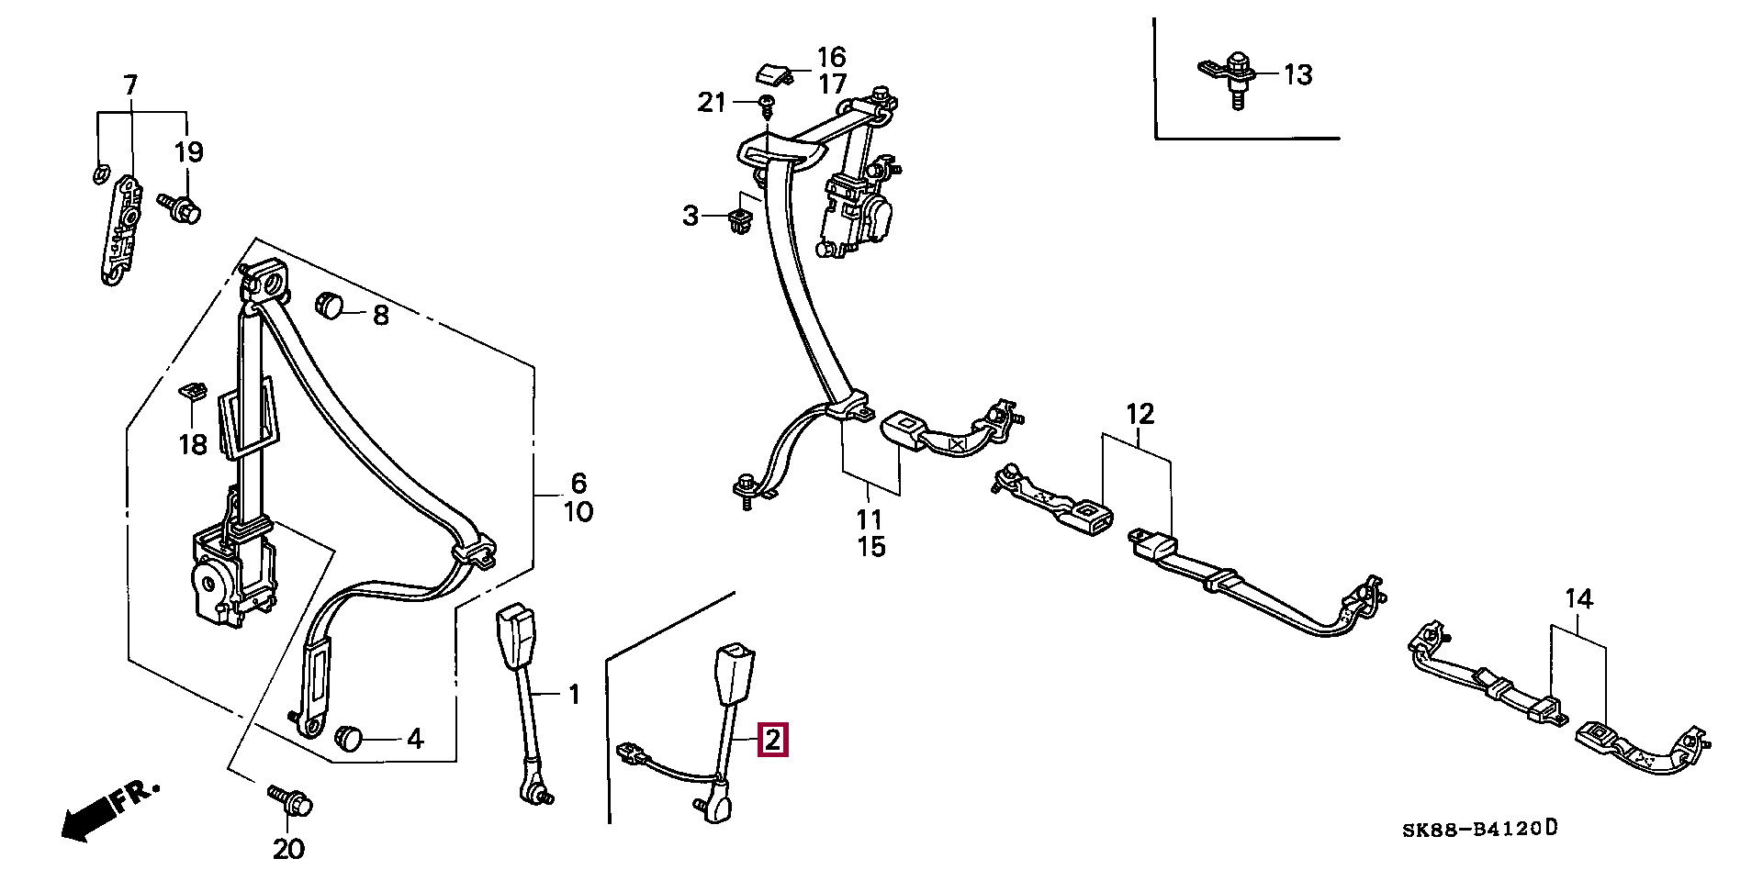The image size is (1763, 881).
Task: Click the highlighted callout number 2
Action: [x=772, y=740]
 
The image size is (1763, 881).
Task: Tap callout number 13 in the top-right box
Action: [x=1297, y=74]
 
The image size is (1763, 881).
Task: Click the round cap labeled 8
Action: [x=328, y=304]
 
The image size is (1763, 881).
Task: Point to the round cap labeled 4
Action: [x=349, y=737]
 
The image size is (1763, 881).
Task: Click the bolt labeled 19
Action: [x=180, y=208]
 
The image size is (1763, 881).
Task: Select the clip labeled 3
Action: [x=738, y=220]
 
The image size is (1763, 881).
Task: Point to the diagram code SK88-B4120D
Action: [x=1479, y=830]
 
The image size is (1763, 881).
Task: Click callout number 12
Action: [x=1140, y=415]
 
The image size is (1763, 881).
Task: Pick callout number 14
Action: [x=1578, y=599]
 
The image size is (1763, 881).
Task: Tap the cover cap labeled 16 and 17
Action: [x=774, y=72]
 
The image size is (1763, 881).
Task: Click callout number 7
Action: [x=130, y=85]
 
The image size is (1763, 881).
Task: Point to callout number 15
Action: [x=871, y=547]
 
